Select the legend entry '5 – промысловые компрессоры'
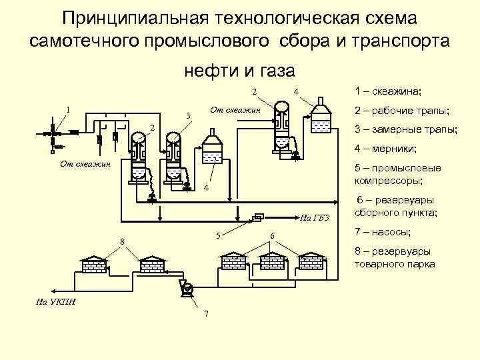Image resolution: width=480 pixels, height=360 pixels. [x=397, y=173]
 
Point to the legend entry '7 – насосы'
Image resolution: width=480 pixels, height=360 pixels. [x=383, y=232]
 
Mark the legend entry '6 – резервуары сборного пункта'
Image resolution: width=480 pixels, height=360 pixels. [x=397, y=207]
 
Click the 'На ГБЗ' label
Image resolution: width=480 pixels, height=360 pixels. [x=311, y=217]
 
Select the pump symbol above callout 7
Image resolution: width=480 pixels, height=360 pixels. [x=186, y=288]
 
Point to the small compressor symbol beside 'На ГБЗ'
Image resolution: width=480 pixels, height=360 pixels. [x=257, y=215]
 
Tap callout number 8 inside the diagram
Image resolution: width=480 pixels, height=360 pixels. [x=122, y=241]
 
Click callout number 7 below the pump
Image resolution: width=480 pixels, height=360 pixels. [x=206, y=314]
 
